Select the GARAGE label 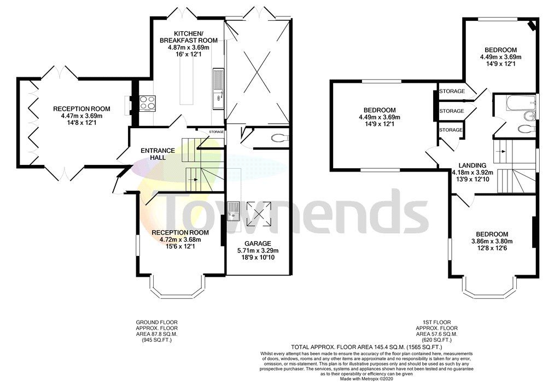258,243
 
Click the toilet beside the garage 279,138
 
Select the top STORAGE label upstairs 451,91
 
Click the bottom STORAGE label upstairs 451,130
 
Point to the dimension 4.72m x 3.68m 180,239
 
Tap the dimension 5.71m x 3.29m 258,250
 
